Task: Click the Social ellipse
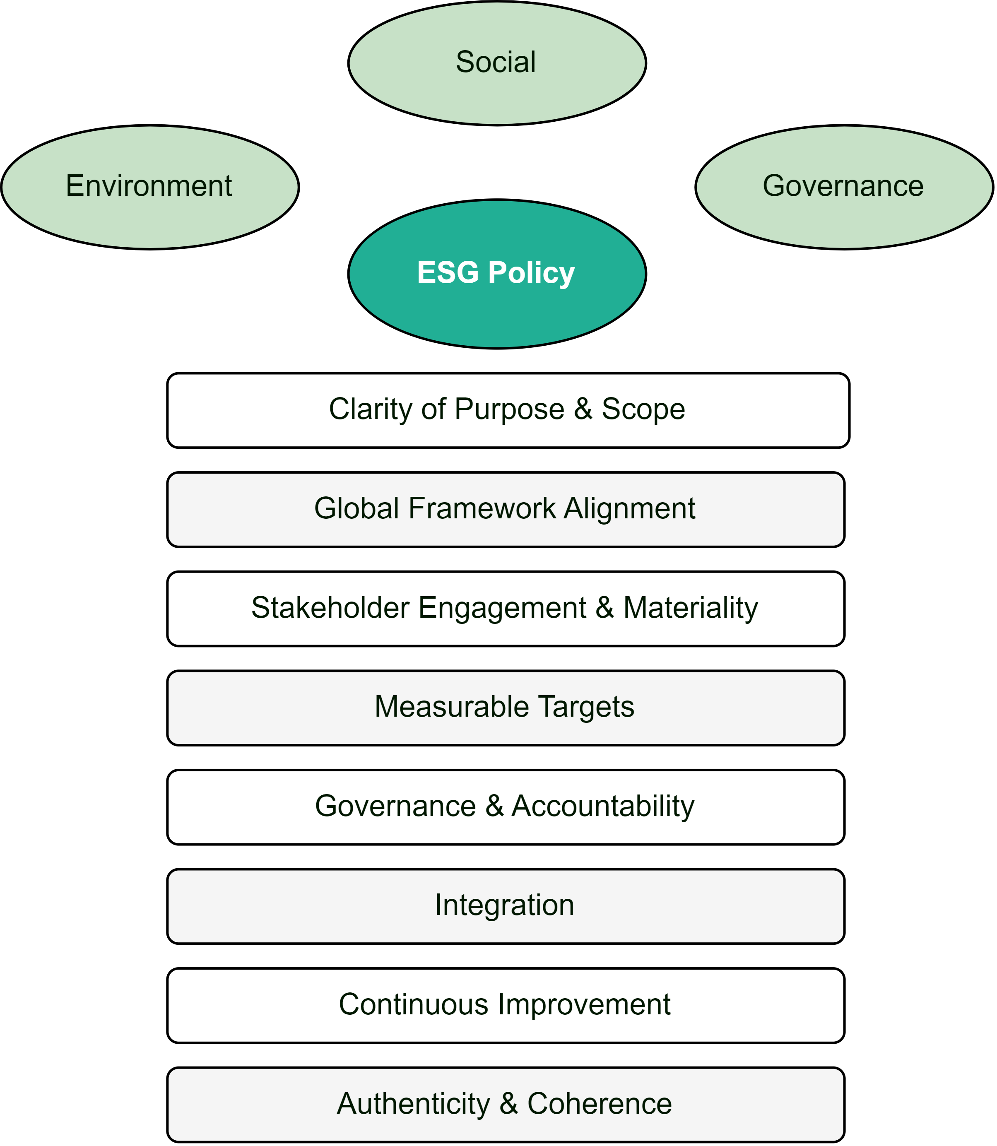pos(497,63)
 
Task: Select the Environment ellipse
pos(149,187)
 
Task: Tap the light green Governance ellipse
pos(844,187)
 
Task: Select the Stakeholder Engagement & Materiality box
pos(506,609)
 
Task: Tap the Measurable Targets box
pos(506,708)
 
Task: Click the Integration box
pos(506,906)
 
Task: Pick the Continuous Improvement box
pos(506,1005)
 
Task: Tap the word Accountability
pos(603,807)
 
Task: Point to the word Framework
pos(482,508)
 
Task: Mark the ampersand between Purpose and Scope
pos(583,409)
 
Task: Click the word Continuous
pos(413,1005)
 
